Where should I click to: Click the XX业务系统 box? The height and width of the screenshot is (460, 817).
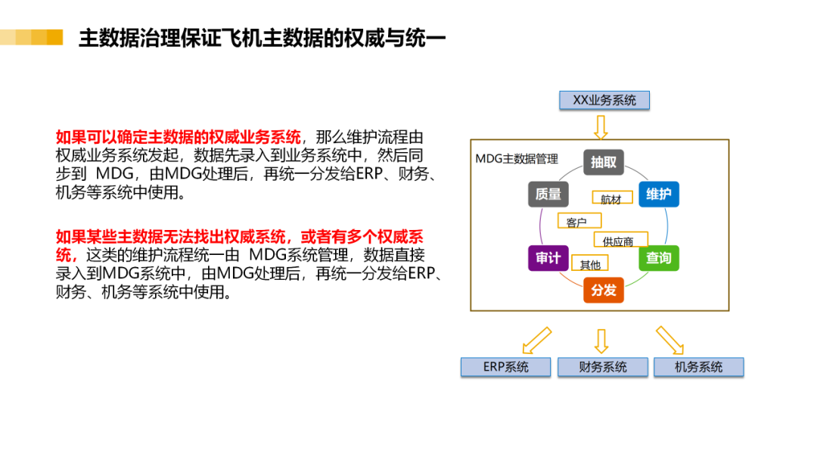coord(604,100)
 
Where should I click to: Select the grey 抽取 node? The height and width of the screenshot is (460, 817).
coord(603,162)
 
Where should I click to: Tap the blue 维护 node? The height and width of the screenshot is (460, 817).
coord(659,194)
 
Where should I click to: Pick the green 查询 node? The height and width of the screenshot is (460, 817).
coord(659,258)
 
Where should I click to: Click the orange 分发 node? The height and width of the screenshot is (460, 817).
coord(603,290)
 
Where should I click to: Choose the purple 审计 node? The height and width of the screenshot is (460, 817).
coord(548,258)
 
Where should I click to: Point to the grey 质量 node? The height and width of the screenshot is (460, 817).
coord(548,194)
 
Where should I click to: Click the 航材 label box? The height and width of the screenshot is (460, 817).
coord(611,200)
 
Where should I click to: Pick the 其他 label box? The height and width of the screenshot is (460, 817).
coord(590,265)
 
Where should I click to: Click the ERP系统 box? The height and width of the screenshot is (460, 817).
coord(506,367)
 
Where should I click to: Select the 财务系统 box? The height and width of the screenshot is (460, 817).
coord(603,367)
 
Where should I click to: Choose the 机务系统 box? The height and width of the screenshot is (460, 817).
coord(699,367)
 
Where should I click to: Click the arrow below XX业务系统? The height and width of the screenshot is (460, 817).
coord(601,126)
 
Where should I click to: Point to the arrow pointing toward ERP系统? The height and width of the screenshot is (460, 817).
coord(537,339)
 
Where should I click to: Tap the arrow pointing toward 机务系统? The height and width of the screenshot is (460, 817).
coord(669,339)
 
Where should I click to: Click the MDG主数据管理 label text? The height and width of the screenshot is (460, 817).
coord(517,159)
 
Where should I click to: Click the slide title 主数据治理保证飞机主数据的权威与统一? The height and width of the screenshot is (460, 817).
coord(262,38)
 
